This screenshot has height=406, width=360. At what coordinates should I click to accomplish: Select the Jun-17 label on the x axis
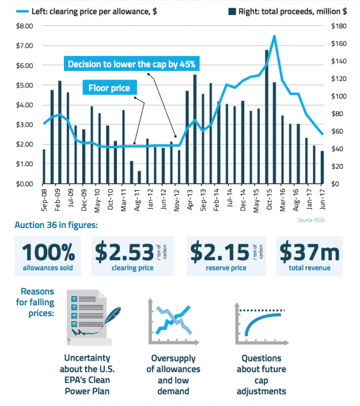(322, 198)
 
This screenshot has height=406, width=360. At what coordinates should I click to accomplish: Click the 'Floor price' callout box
(109, 88)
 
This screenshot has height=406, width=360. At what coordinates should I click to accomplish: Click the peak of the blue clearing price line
(274, 36)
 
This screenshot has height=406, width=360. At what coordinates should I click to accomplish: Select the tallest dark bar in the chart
(267, 116)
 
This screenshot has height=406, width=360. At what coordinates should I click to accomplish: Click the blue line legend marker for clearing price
(26, 10)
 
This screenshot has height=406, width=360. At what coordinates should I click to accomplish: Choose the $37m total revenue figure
(309, 252)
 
